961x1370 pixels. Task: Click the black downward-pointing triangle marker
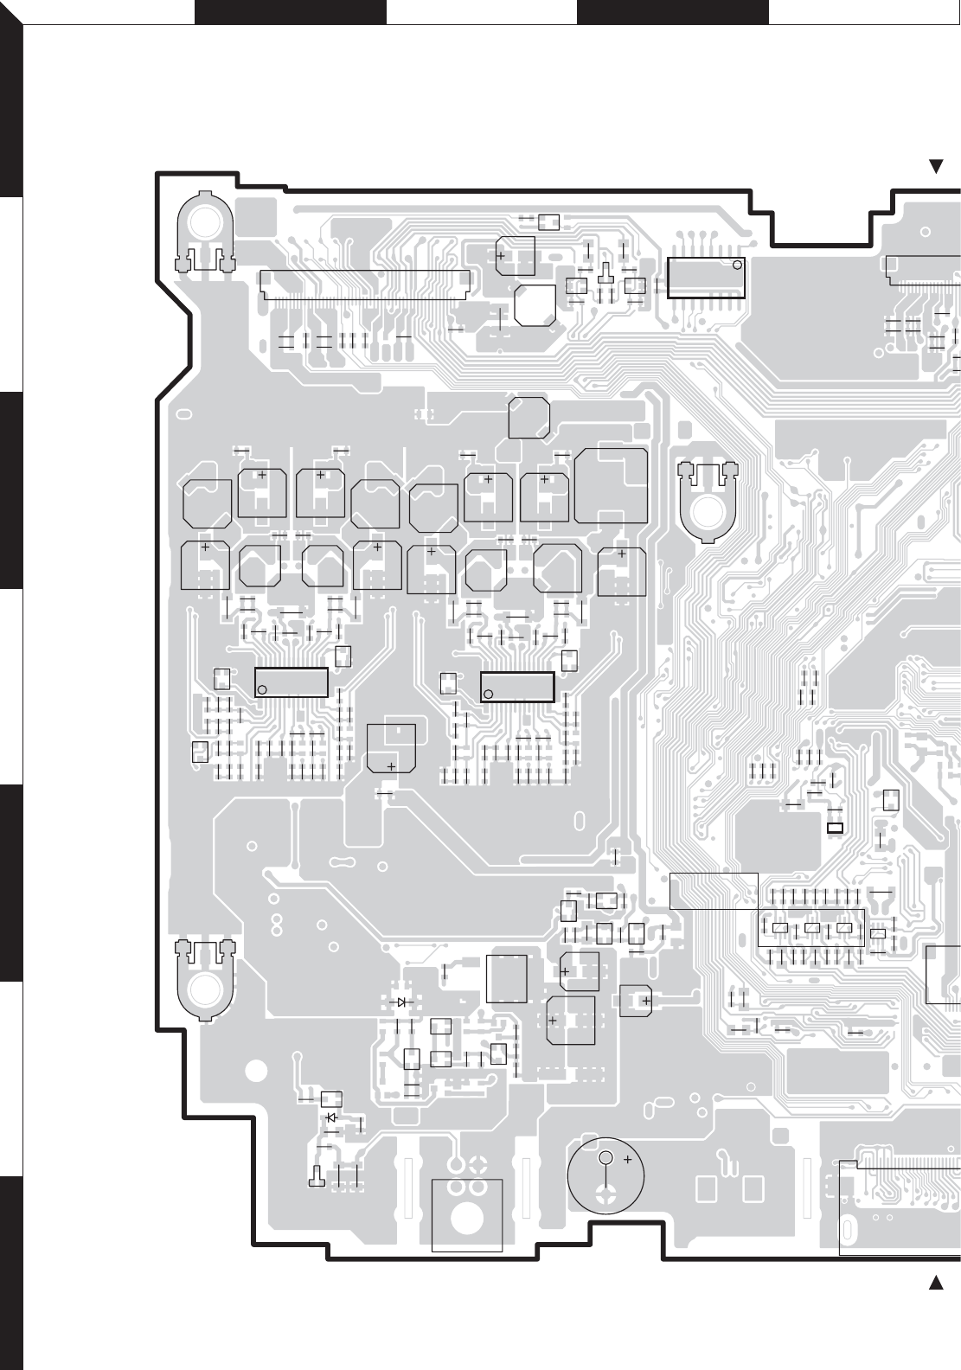point(935,166)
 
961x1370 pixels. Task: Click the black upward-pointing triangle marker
point(935,1283)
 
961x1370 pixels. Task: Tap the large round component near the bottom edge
point(606,1175)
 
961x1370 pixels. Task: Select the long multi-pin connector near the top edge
point(366,284)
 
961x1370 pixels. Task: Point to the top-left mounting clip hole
point(205,221)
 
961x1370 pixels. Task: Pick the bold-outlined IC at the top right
point(706,277)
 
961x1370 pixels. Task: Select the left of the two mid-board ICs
point(292,682)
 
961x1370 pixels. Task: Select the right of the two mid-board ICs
point(517,687)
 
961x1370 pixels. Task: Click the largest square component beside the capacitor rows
point(612,485)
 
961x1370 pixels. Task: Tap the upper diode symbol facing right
point(401,1002)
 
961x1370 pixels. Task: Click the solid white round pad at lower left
point(256,1071)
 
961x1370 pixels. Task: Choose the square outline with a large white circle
point(467,1215)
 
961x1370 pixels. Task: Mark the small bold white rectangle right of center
point(835,829)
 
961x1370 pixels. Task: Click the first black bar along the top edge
point(290,12)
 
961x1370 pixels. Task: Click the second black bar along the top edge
point(672,12)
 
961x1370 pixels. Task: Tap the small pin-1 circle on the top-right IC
point(737,265)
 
